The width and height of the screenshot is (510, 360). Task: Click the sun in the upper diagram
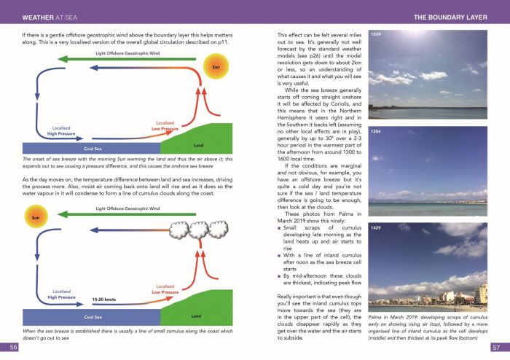pyautogui.click(x=215, y=68)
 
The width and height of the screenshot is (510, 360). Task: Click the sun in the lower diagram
pyautogui.click(x=34, y=217)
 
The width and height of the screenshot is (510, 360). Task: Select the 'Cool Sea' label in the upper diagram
pyautogui.click(x=92, y=148)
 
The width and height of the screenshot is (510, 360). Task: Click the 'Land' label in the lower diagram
pyautogui.click(x=196, y=316)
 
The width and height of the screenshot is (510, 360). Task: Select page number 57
pyautogui.click(x=495, y=348)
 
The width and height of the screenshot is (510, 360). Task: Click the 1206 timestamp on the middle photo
pyautogui.click(x=376, y=132)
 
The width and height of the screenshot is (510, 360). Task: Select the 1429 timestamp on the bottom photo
pyautogui.click(x=376, y=229)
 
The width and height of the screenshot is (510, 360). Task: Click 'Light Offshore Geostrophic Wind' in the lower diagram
pyautogui.click(x=125, y=208)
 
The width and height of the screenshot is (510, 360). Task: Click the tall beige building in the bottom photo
pyautogui.click(x=481, y=294)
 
